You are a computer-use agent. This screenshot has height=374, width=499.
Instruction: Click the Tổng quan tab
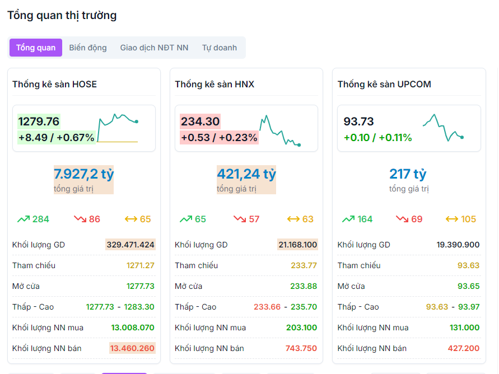point(36,48)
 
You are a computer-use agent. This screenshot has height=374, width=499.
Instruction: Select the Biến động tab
point(88,48)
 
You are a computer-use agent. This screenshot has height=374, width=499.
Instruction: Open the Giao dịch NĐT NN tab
point(154,48)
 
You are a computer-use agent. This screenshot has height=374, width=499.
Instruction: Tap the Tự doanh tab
point(220,48)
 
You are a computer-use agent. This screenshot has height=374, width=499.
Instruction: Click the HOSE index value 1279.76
point(39,121)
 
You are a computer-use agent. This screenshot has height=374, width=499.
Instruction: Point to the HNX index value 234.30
point(200,121)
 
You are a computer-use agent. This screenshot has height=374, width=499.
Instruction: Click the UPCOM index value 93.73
point(358,121)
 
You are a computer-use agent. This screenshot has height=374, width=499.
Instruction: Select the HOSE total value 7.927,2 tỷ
point(84,174)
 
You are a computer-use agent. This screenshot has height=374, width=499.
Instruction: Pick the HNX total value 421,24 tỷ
point(246,174)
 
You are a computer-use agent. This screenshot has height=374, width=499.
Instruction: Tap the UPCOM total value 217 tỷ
point(408,174)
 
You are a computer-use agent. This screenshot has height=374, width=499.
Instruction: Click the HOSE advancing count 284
point(40,219)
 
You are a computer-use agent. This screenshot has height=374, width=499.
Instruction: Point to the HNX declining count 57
point(254,219)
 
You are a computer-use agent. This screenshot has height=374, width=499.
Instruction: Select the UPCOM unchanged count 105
point(468,219)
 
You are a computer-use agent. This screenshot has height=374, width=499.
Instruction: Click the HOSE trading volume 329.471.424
point(130,245)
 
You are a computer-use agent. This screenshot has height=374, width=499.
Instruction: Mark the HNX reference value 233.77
point(304,265)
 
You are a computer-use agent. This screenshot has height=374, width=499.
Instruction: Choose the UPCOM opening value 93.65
point(468,286)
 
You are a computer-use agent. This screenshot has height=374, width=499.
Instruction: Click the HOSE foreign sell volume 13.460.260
point(132,348)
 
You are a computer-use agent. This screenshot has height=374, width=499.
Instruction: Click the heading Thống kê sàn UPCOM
point(384,84)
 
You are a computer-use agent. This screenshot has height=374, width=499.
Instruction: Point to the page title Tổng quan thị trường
point(62,15)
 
